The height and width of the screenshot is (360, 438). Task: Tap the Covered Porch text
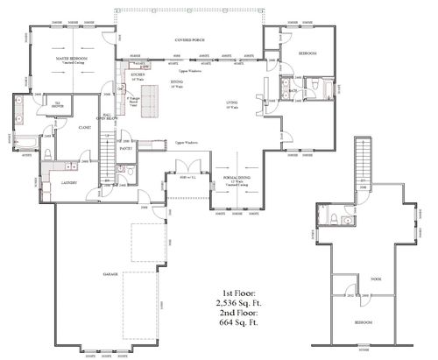pos(190,40)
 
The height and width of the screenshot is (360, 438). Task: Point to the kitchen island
pos(152,104)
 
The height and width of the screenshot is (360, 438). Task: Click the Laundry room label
pos(68,183)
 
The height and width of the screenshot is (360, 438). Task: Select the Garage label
pos(110,274)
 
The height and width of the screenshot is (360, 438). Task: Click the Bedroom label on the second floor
pos(364,323)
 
